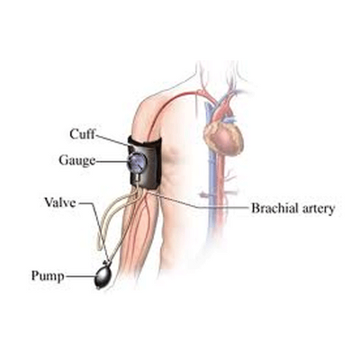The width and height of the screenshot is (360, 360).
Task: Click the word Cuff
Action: [x=82, y=134]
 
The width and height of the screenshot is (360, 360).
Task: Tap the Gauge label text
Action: [x=77, y=160]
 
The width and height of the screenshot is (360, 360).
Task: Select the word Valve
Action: [x=60, y=202]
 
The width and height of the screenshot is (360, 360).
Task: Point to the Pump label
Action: [x=48, y=276]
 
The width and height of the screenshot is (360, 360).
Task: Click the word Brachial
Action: [x=274, y=208]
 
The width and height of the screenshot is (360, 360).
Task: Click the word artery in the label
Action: [x=318, y=209]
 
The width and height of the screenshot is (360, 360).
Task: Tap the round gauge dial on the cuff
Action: [x=138, y=161]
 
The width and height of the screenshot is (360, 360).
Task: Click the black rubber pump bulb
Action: [x=103, y=276]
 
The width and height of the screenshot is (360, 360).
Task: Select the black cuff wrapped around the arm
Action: [x=145, y=163]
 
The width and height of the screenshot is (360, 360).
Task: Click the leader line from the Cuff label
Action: [x=113, y=141]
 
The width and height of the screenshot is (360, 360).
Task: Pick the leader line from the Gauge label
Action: [x=112, y=161]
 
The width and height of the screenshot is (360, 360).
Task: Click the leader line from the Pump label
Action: [x=80, y=276]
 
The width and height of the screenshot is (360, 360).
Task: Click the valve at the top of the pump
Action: [x=106, y=264]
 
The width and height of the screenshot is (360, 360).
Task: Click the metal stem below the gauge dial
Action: [x=137, y=177]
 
